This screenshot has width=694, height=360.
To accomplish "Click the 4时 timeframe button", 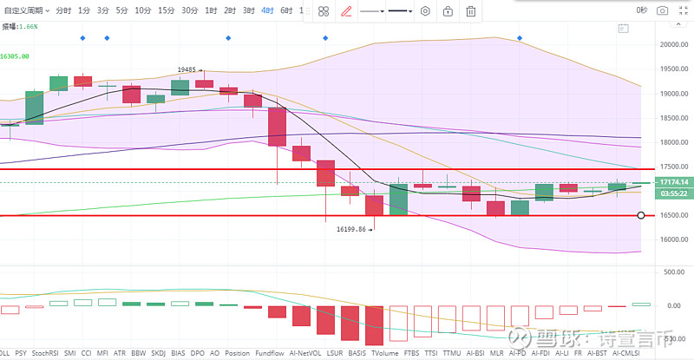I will (267, 10).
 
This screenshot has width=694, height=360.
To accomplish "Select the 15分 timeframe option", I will (166, 10).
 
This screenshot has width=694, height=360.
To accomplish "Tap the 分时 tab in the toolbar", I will (64, 10).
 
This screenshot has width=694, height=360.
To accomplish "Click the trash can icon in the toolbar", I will (470, 11).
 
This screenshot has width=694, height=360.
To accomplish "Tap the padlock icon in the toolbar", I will (448, 11).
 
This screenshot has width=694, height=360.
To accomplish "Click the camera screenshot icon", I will (663, 10).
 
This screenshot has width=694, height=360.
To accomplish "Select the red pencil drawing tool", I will (347, 11).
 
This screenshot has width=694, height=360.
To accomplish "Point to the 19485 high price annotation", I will (187, 69).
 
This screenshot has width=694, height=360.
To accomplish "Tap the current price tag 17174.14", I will (673, 181).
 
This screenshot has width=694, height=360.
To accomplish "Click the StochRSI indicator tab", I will (45, 353).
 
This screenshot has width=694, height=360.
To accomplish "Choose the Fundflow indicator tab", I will (268, 353).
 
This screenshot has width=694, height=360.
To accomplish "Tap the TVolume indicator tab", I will (385, 353).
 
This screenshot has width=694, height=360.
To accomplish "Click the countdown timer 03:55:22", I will (673, 193).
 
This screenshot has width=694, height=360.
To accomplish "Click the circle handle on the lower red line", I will (640, 215).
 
